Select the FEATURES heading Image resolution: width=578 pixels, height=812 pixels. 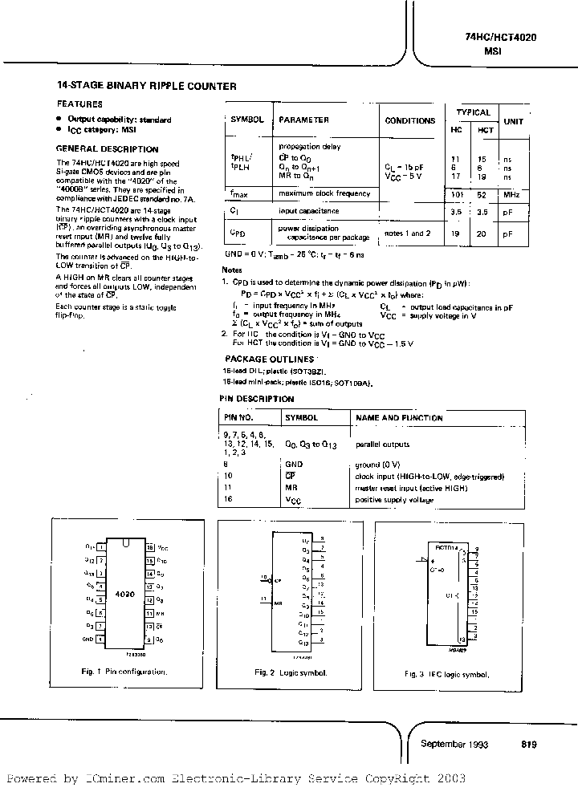coord(79,104)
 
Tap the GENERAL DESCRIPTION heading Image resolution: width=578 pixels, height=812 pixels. coord(107,148)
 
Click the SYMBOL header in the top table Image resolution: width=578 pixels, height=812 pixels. coord(247,120)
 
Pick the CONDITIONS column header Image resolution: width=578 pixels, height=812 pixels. coord(409,120)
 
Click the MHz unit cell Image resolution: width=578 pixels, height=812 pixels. coord(512,194)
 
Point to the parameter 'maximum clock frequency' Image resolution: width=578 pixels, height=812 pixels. coord(324,193)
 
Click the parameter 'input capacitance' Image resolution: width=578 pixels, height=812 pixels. coord(308,211)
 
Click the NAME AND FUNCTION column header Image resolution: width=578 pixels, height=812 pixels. coord(399,418)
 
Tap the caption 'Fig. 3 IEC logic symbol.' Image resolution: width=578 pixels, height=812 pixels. coord(446,674)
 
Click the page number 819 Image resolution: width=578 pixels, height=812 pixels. coord(527,744)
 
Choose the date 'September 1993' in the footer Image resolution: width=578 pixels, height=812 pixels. coord(454,744)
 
